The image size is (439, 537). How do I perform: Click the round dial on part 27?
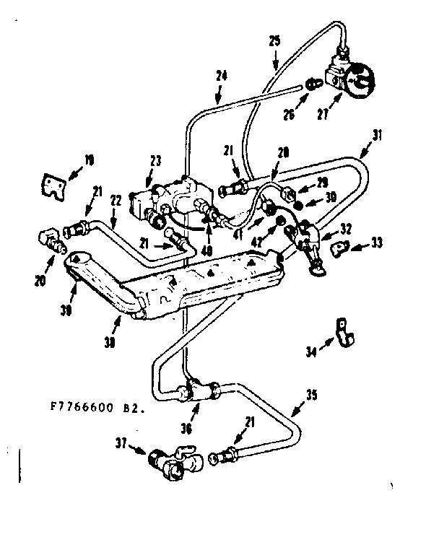[359, 82]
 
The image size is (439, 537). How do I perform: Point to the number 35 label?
[310, 393]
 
